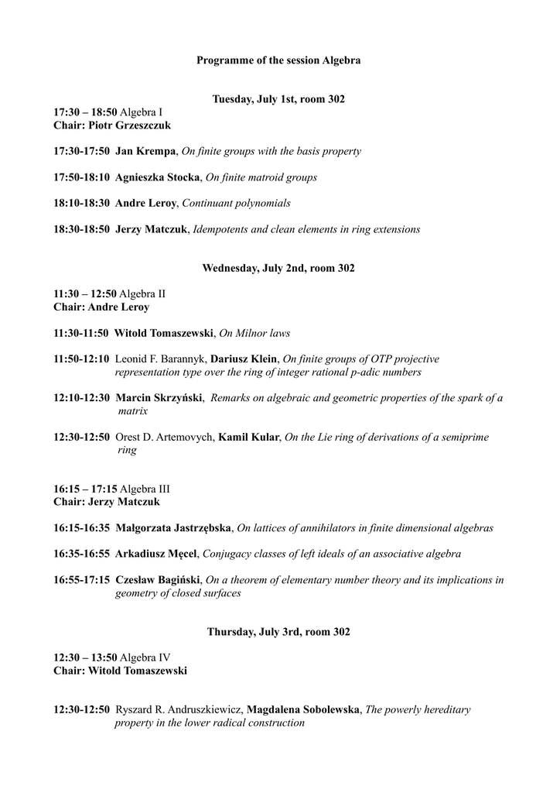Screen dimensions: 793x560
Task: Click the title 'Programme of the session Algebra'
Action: [278, 60]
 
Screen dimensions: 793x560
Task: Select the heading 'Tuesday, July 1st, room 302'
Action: [278, 99]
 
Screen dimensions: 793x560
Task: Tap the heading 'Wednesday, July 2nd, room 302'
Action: [278, 269]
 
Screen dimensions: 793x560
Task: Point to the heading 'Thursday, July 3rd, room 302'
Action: [278, 632]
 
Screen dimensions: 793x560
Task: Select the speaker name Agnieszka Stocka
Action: [157, 177]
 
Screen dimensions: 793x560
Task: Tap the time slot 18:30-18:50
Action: [81, 229]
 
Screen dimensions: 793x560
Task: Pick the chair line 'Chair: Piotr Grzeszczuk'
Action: [112, 125]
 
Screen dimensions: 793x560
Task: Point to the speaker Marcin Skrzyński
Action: [159, 398]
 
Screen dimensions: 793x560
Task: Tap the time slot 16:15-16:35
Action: [81, 528]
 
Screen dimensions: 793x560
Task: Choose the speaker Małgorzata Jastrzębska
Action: [173, 528]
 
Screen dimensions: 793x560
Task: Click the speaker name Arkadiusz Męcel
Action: [158, 554]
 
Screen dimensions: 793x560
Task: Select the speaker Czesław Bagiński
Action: [159, 580]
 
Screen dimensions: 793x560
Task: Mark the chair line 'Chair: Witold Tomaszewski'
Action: [120, 671]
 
